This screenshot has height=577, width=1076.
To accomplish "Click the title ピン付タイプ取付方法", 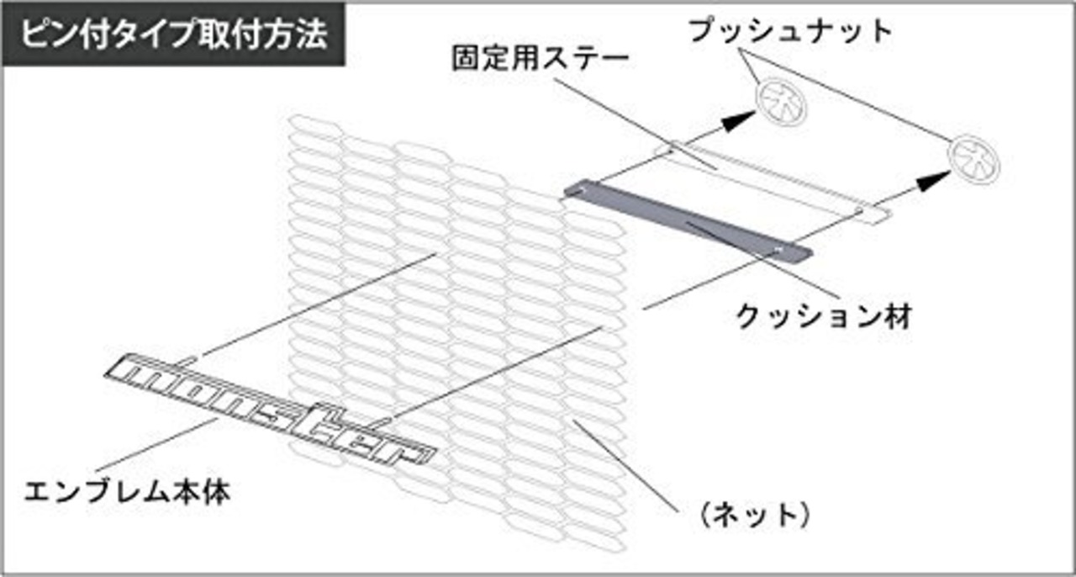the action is pos(174,34).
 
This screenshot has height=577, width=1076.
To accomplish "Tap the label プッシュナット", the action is pos(791,31).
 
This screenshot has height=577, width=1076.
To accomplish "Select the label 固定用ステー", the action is pos(541,59).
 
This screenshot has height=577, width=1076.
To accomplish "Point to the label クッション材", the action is pos(823,317).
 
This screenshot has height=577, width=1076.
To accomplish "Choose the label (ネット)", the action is pos(756,515).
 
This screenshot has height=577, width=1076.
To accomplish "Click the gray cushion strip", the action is pos(688,221).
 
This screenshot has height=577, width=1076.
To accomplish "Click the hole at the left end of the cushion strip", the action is pos(583,190).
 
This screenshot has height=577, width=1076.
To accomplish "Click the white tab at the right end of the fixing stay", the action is pos(873,214).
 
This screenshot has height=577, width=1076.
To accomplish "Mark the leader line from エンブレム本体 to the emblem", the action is pos(156,445).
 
